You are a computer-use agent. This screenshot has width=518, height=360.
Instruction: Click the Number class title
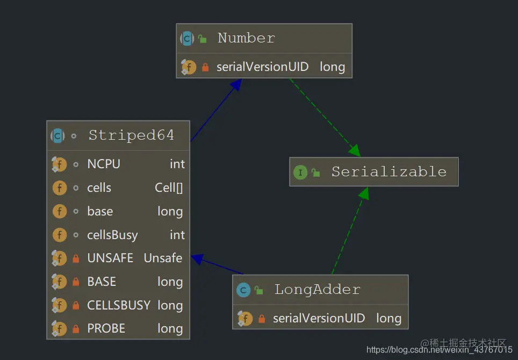pos(246,38)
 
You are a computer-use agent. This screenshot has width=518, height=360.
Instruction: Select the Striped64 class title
pos(131,135)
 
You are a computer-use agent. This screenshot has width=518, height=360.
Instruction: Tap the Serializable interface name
pos(388,172)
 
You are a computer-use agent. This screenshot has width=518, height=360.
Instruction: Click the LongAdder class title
pos(317,290)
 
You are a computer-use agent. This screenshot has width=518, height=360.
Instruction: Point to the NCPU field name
pos(104,164)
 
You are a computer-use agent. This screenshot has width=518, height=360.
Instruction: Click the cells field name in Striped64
pos(99,188)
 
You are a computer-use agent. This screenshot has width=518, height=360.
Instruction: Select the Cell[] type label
pos(169,188)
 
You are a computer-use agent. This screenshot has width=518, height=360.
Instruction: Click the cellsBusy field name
pos(112,235)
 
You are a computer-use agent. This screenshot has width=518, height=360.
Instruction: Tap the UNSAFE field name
pos(110,258)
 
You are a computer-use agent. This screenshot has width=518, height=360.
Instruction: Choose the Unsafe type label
pos(163,258)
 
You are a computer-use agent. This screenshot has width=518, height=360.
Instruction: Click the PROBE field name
pos(106,329)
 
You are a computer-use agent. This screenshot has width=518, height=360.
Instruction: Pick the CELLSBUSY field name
pos(119,305)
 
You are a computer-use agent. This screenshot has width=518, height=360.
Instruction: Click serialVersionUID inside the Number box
pos(262,67)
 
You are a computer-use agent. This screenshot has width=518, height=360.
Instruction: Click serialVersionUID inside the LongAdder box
pos(319,318)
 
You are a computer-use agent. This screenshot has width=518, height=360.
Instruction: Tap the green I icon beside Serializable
pos(300,172)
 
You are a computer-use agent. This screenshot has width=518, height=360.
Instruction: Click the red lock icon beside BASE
pos(76,282)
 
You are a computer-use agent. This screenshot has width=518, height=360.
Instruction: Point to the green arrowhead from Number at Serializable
pos(355,152)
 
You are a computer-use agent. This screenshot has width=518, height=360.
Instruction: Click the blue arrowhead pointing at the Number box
pos(235,85)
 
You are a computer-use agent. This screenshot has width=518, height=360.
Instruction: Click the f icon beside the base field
pos(59,212)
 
